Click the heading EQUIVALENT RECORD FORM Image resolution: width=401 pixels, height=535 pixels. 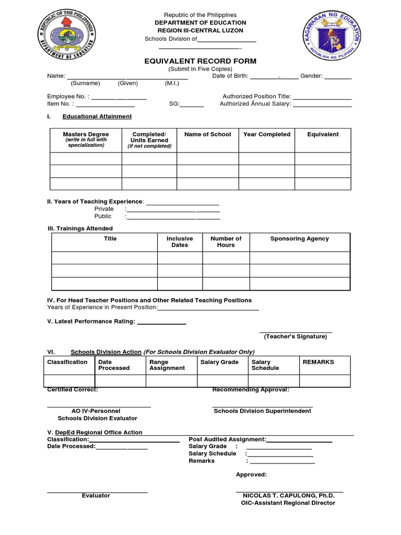[x=200, y=61]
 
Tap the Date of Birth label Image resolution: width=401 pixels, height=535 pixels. [x=230, y=76]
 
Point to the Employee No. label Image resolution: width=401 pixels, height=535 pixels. [x=68, y=97]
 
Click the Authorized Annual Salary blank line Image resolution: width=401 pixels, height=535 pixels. [x=322, y=106]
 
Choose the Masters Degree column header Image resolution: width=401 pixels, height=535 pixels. [x=86, y=134]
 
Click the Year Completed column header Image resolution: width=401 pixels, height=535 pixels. [x=266, y=134]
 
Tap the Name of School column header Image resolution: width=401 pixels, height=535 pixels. [x=207, y=134]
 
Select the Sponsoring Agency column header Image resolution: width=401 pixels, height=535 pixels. [x=299, y=239]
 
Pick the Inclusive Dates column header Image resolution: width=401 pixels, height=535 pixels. [x=180, y=242]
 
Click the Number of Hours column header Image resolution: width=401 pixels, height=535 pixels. [x=226, y=242]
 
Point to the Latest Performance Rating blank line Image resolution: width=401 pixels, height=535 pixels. [x=161, y=324]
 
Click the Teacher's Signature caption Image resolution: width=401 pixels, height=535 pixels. [x=295, y=336]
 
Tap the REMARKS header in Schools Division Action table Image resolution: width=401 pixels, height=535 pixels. [x=318, y=362]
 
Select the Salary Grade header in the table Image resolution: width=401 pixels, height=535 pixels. [x=219, y=362]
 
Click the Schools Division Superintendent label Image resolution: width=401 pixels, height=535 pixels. [x=262, y=411]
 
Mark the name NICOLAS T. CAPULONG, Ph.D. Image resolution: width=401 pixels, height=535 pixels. [x=288, y=496]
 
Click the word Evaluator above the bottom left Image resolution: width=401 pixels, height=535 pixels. [x=96, y=496]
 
